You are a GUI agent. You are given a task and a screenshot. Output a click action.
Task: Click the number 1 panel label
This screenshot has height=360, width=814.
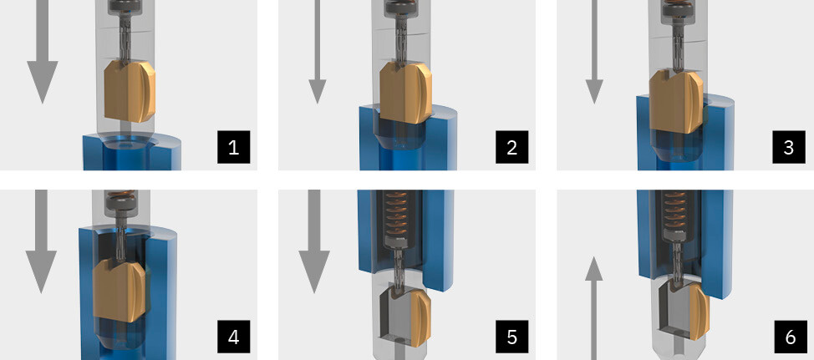click(x=234, y=147)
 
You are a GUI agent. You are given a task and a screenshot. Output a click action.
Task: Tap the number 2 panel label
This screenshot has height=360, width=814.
click(x=511, y=147)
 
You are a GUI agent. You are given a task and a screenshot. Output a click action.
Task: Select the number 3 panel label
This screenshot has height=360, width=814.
click(x=789, y=147)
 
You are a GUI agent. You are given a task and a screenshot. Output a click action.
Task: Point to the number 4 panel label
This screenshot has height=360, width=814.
click(x=234, y=337)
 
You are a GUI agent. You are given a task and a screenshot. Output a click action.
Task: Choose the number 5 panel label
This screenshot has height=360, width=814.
click(x=511, y=337)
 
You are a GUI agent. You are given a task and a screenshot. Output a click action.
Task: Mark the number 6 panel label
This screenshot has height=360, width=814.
click(x=789, y=337)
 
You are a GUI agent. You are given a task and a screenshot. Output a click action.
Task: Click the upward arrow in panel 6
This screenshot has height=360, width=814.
click(x=594, y=309)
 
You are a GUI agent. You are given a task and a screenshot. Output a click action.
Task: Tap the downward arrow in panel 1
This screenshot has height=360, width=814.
click(x=42, y=51)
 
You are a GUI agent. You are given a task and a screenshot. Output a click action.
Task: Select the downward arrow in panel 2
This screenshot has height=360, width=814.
click(x=318, y=51)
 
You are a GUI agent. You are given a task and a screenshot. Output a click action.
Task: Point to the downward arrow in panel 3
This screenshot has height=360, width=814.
click(x=594, y=51)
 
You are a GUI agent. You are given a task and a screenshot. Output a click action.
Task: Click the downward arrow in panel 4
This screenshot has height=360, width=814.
click(x=41, y=241)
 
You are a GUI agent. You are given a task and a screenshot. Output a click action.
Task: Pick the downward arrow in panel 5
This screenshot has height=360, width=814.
click(x=314, y=241)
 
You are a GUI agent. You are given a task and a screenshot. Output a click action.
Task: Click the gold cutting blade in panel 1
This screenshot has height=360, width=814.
click(x=130, y=91)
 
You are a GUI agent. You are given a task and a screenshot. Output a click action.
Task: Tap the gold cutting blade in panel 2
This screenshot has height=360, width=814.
click(x=405, y=93)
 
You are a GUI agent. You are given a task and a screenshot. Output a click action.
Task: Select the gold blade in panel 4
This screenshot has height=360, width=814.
click(x=119, y=290)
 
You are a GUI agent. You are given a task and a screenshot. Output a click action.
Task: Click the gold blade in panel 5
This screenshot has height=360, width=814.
click(x=420, y=317)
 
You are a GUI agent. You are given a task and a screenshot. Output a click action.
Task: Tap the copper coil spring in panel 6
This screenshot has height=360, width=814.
click(x=678, y=213)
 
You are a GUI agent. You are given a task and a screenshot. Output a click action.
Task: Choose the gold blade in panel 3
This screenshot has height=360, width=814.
click(x=676, y=102)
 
